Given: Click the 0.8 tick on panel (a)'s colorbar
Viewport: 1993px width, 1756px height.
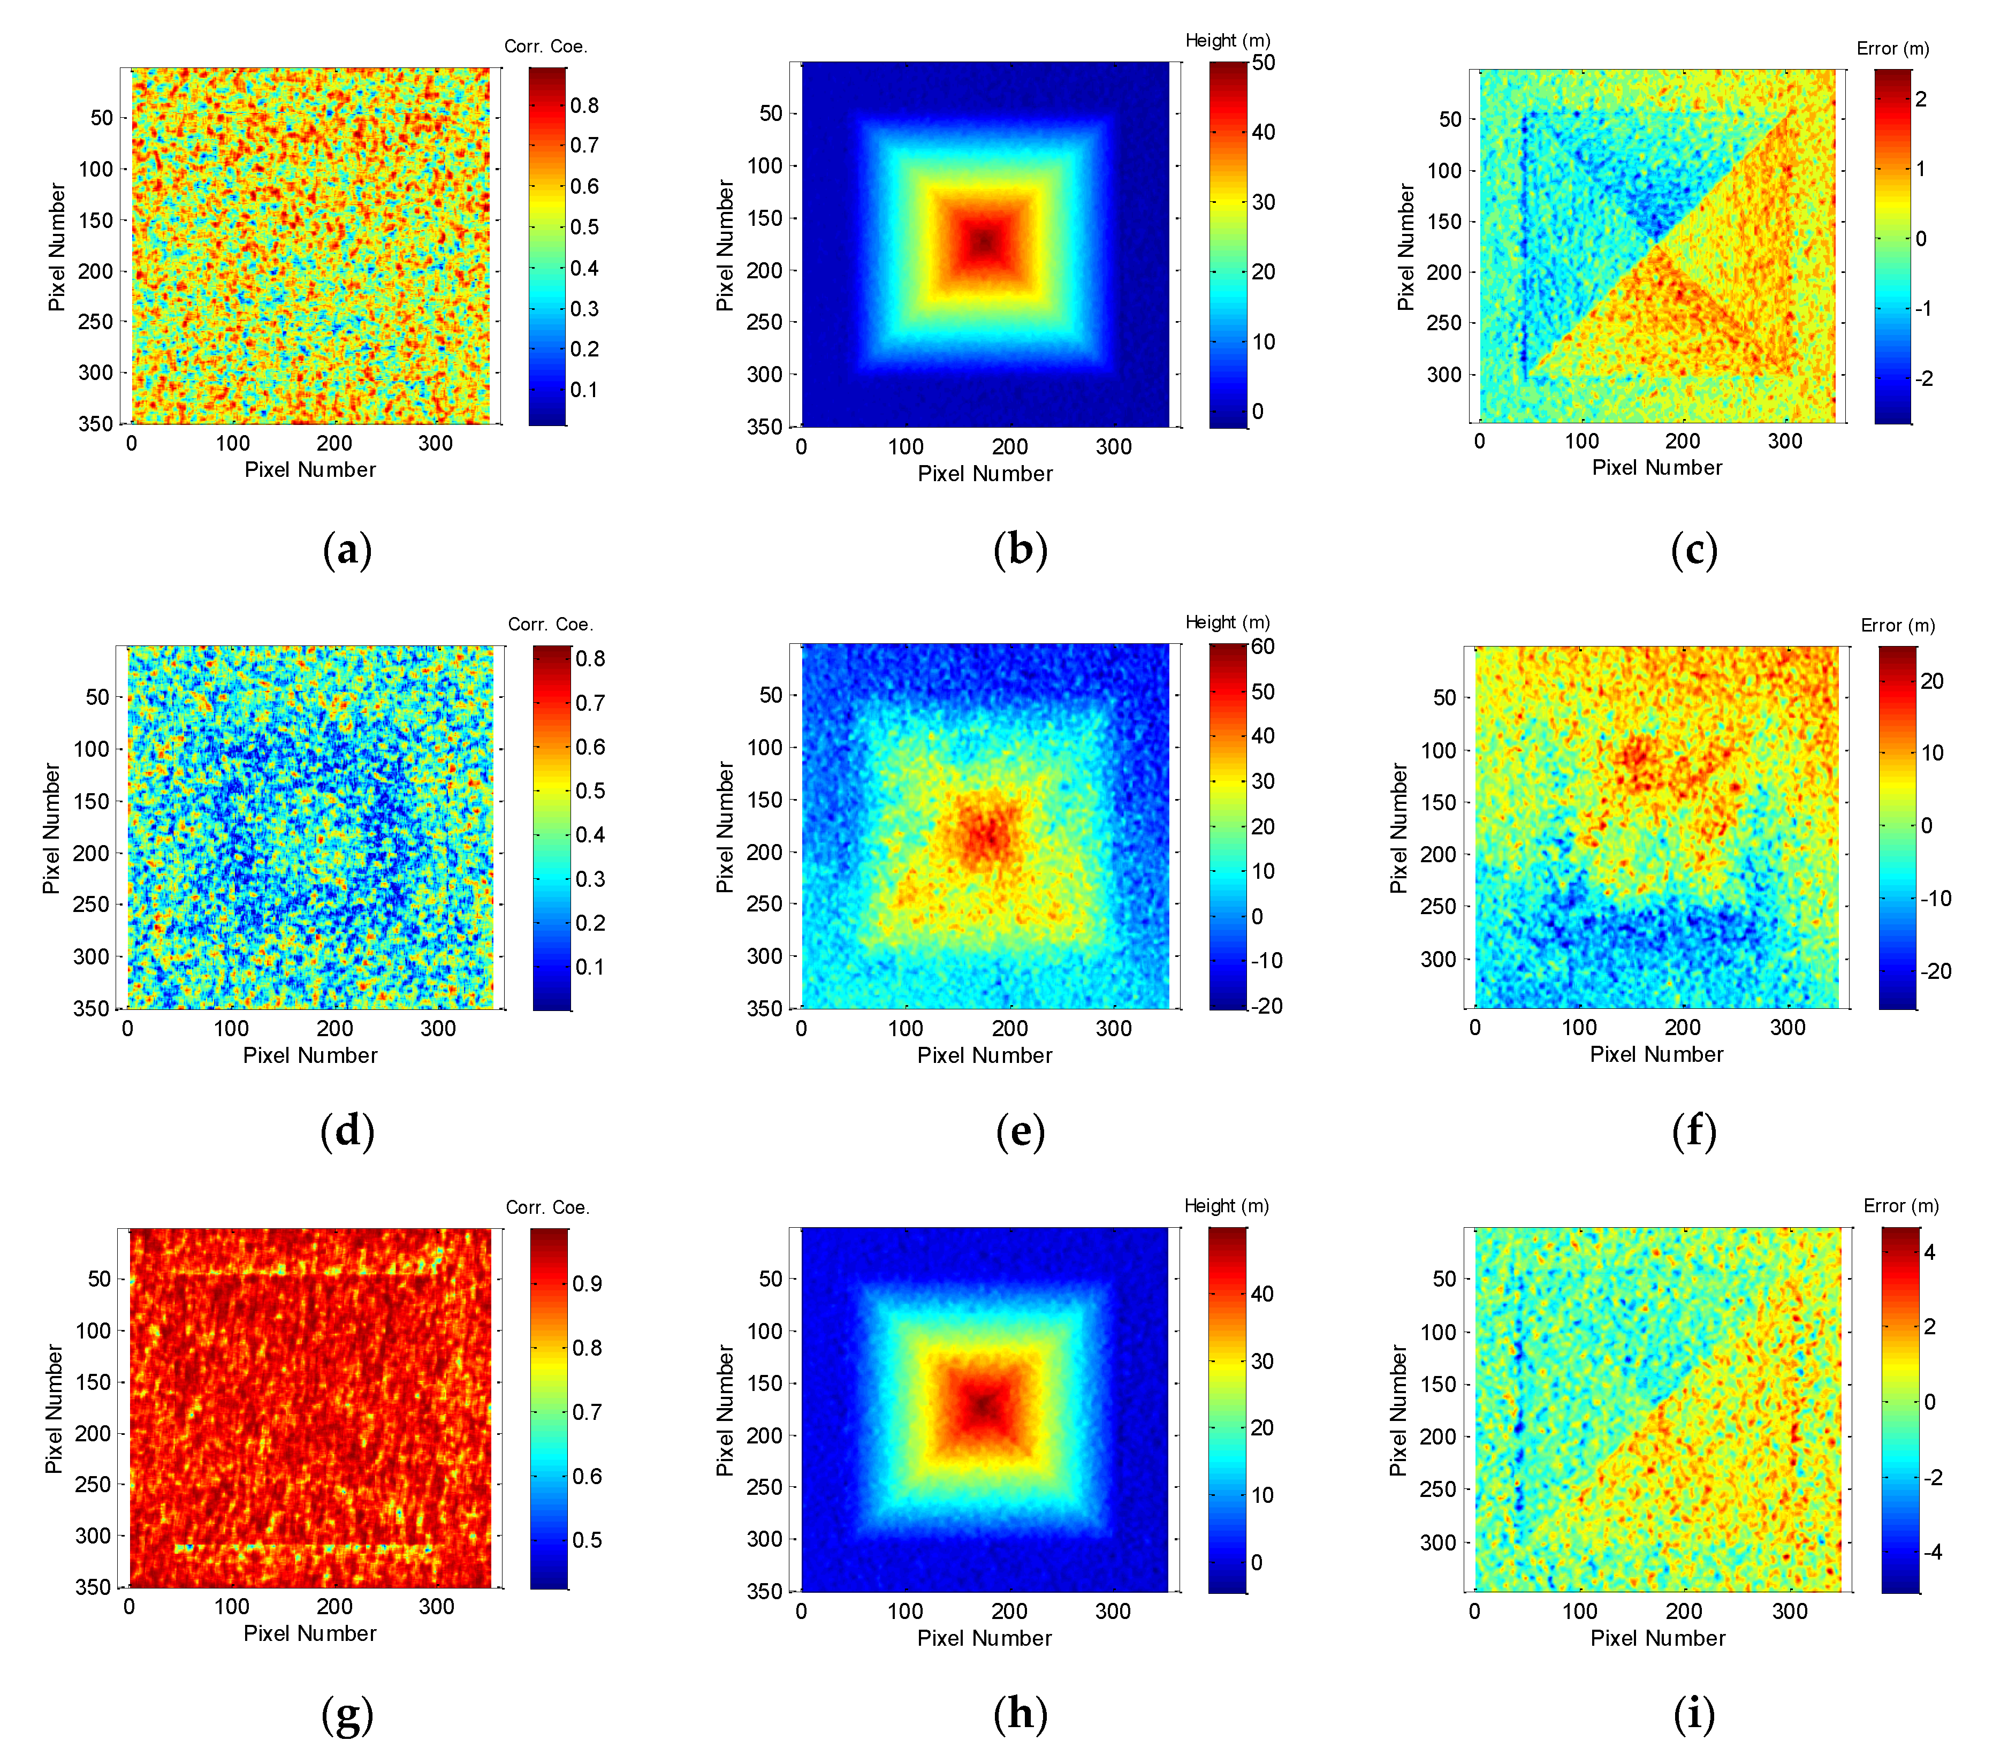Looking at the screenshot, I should pyautogui.click(x=584, y=105).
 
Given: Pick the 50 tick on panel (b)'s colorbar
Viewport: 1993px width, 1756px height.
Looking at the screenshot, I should pyautogui.click(x=1264, y=63).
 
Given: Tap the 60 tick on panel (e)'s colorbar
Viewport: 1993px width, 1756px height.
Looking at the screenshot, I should pyautogui.click(x=1262, y=647).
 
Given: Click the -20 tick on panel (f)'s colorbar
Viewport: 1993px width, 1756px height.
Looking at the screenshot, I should pyautogui.click(x=1936, y=971).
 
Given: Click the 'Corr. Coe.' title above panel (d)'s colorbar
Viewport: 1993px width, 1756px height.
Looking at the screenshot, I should pyautogui.click(x=550, y=624).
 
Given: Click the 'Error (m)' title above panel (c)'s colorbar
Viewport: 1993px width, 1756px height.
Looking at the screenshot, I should pyautogui.click(x=1892, y=49).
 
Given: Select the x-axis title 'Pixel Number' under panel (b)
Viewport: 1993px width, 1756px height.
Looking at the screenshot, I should pyautogui.click(x=985, y=474).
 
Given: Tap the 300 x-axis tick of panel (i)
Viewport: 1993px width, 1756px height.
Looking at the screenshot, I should pyautogui.click(x=1789, y=1611).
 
